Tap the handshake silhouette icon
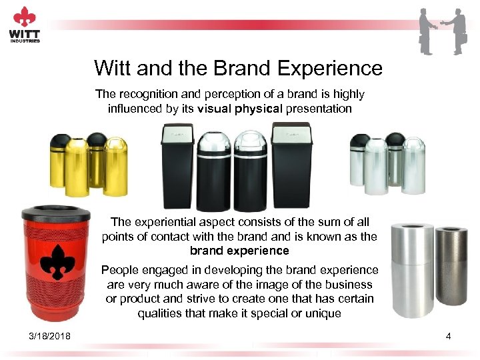point(443,31)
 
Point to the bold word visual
point(214,109)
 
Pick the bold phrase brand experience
point(239,251)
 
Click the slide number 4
point(449,336)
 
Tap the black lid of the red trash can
point(56,213)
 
